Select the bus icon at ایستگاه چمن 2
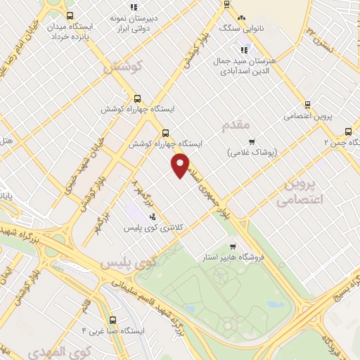point(349,131)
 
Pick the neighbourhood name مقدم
point(236,125)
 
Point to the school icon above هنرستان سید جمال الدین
point(244,50)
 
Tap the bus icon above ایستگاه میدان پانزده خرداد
point(69,15)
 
